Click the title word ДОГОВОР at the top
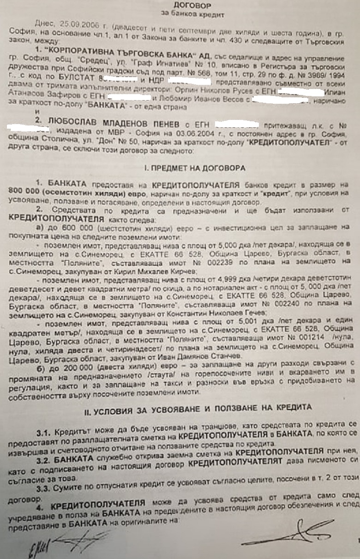coord(193,6)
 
